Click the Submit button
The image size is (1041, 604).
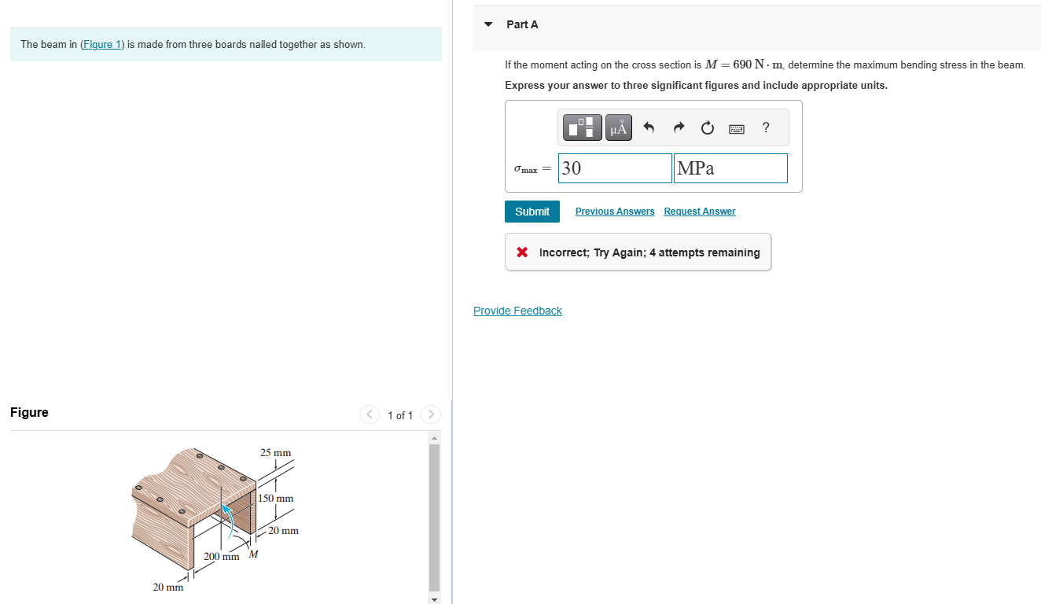point(532,212)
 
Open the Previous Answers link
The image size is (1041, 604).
point(614,212)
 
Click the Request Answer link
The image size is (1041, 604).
point(700,212)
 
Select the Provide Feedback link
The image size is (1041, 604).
point(517,311)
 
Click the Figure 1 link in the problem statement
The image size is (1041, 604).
point(101,45)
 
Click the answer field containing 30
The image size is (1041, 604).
point(615,168)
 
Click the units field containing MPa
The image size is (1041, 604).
point(730,168)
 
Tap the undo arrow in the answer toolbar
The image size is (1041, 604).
point(649,127)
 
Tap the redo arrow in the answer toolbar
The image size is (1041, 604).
point(679,127)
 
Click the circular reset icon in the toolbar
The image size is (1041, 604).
point(708,127)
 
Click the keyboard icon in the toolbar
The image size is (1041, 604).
point(737,129)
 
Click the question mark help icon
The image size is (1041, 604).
point(766,127)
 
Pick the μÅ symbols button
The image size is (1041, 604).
point(619,127)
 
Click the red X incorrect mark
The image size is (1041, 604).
point(522,252)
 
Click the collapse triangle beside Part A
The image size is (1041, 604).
point(488,24)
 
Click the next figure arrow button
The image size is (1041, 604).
point(431,414)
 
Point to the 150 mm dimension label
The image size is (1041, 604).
point(276,499)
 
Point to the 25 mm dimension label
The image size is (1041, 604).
point(276,453)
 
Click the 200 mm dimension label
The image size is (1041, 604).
point(221,557)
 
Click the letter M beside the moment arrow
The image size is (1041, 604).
point(253,554)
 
